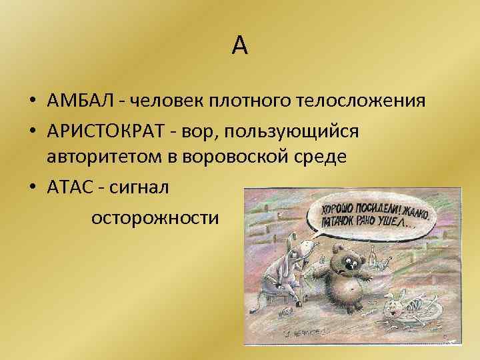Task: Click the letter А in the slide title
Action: (x=240, y=45)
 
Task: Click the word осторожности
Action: (x=155, y=217)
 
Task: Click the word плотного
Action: (x=242, y=101)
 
